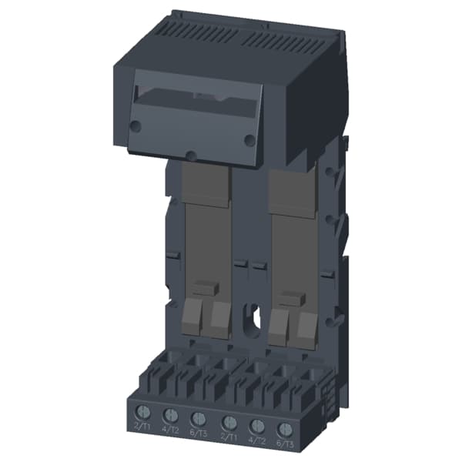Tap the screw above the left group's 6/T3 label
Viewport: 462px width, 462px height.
coord(199,419)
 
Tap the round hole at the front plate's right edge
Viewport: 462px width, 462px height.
coord(249,140)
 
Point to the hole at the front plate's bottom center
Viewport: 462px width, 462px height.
coord(190,155)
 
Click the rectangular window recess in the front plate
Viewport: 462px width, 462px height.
coord(196,100)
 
